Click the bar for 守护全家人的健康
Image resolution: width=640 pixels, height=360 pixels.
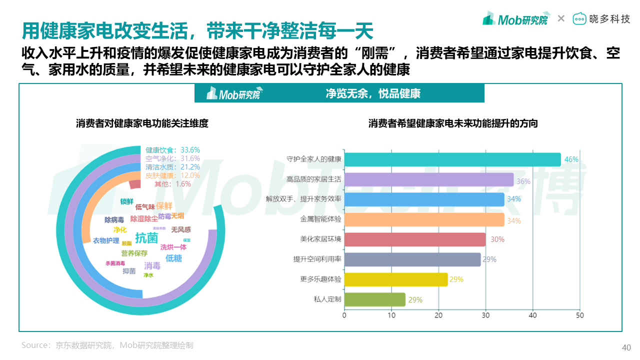[x=452, y=159]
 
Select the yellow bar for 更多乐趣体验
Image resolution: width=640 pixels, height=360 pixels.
[x=396, y=279]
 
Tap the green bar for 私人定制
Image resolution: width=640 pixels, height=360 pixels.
[x=374, y=299]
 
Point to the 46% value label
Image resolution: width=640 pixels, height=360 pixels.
[x=571, y=159]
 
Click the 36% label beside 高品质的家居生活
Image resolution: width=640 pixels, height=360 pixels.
[x=523, y=181]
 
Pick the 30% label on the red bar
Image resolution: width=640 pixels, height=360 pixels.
[x=497, y=239]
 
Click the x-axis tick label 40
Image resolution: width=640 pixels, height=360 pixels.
[x=532, y=315]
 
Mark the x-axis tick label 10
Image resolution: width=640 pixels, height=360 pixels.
[x=391, y=315]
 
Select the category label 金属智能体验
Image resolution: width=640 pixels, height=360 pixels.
[x=320, y=219]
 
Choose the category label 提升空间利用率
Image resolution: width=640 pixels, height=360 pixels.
[x=317, y=259]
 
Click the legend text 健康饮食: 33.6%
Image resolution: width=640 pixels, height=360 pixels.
[x=172, y=150]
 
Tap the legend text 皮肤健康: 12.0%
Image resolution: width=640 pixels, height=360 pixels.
[x=172, y=175]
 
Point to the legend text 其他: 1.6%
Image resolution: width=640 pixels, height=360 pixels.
[x=172, y=184]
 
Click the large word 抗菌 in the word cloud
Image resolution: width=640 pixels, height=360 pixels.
[x=146, y=238]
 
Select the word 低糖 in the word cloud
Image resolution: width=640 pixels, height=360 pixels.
[x=173, y=258]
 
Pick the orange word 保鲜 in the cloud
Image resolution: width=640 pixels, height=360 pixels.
[x=164, y=206]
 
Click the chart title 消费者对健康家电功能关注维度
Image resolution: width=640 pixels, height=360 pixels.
[x=142, y=123]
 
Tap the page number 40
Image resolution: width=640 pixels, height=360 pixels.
[x=626, y=348]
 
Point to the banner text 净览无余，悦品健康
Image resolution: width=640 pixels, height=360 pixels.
[x=373, y=93]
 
